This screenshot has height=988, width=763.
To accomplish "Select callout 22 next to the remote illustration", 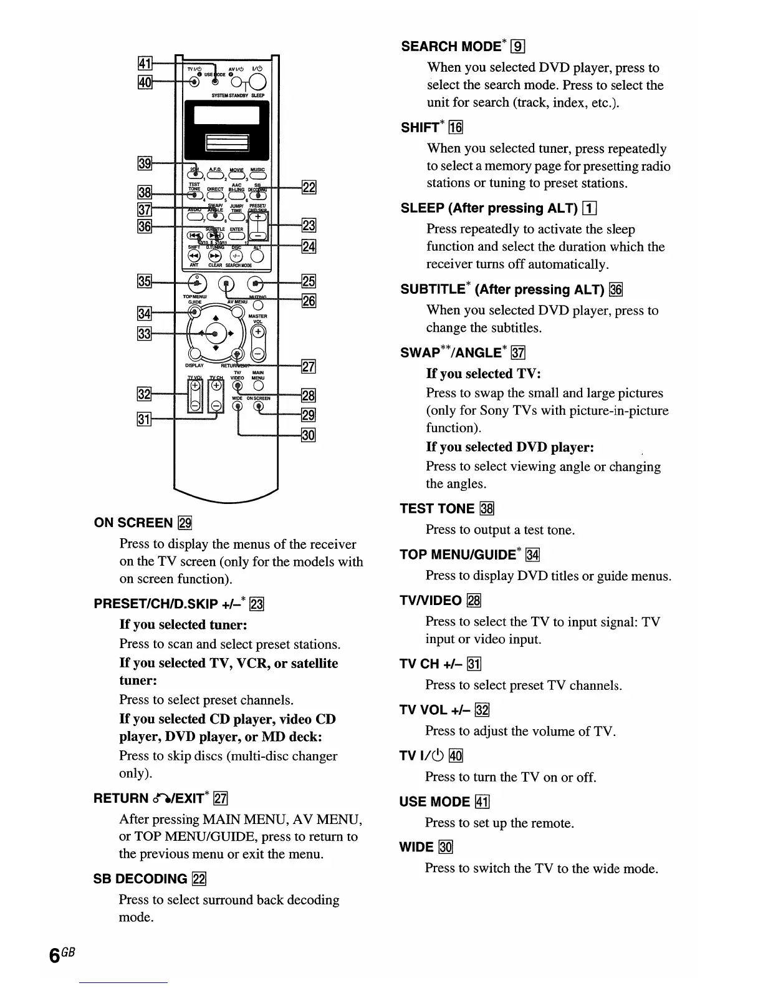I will click(309, 187).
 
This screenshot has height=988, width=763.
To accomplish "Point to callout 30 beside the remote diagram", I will click(309, 435).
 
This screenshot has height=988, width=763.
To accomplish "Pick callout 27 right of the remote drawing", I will click(309, 366).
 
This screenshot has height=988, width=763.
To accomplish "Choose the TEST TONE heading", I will click(437, 508).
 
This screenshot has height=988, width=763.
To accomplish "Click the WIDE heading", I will click(416, 846).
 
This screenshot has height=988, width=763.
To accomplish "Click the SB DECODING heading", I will click(140, 879).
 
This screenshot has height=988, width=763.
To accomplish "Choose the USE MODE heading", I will click(434, 802).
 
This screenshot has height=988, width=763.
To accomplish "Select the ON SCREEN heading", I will click(133, 523).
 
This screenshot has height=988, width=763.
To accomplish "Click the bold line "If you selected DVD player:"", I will click(509, 447).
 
